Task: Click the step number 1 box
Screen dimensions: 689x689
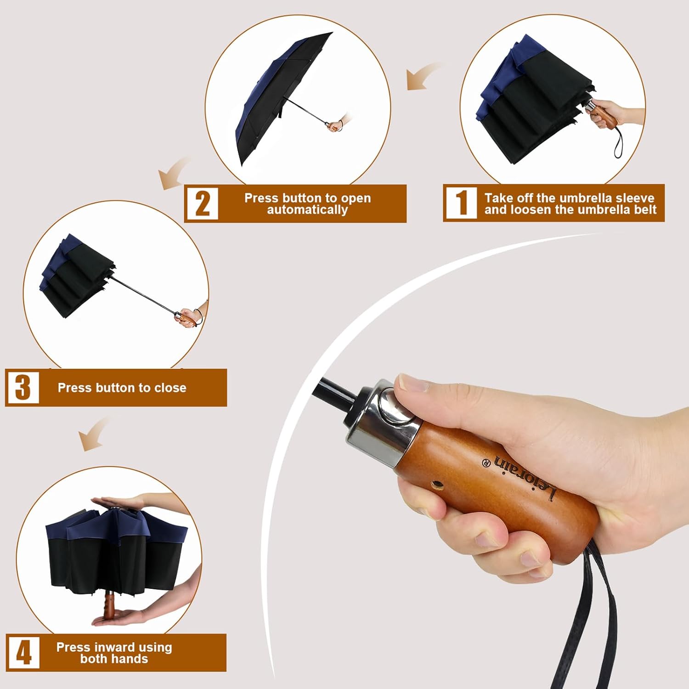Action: [460, 203]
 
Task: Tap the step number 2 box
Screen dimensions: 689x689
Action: [202, 203]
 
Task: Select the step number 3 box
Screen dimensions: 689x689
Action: [23, 387]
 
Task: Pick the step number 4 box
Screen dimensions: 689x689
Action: [23, 652]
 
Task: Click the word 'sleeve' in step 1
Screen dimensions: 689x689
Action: [635, 198]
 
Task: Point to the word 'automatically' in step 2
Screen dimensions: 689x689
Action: [307, 210]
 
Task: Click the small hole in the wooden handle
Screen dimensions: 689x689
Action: [439, 485]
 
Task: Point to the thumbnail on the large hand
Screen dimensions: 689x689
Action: [413, 383]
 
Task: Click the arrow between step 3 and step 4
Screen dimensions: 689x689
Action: [94, 434]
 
